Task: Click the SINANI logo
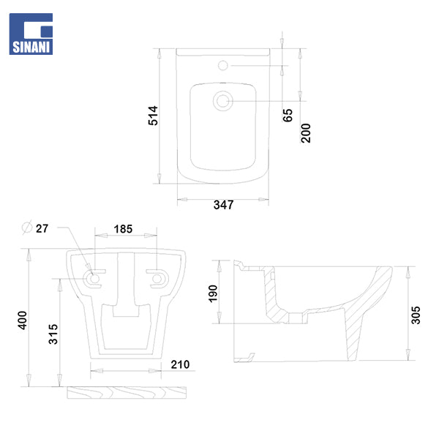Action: point(31,34)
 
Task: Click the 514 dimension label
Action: point(153,116)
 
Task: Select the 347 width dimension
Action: point(223,205)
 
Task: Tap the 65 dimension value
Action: point(288,115)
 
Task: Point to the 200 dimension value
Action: point(306,133)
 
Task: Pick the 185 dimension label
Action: point(123,229)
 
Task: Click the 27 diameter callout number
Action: point(42,228)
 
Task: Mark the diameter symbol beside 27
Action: point(27,227)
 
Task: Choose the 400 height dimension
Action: point(23,320)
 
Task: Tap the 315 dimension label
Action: point(53,334)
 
